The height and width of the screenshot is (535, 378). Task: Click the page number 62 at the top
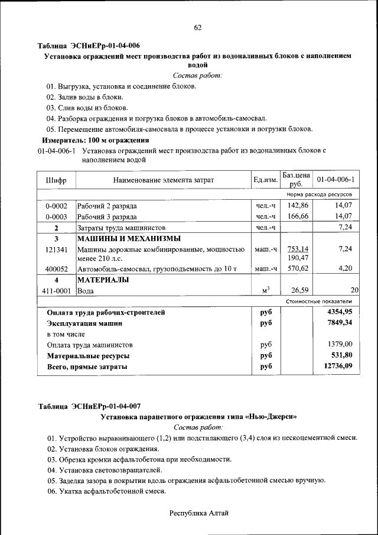tap(198, 28)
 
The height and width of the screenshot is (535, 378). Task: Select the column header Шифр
tap(56, 180)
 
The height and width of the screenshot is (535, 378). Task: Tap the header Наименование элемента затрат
tap(163, 180)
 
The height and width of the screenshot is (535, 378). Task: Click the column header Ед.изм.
tap(265, 180)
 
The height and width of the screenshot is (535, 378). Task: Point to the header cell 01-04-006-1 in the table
tap(335, 180)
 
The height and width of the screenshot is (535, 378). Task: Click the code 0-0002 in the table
tap(56, 206)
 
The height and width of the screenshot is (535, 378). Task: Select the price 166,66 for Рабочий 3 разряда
tap(298, 216)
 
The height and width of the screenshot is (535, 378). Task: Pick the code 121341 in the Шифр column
tap(56, 249)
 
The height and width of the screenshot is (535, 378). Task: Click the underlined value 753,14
tap(298, 249)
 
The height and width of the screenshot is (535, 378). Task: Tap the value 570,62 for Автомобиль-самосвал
tap(298, 269)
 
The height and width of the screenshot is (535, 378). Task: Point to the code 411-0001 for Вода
tap(56, 290)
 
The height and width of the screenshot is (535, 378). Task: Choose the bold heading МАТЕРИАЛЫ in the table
tap(103, 280)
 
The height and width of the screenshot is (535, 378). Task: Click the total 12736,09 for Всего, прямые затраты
tap(338, 367)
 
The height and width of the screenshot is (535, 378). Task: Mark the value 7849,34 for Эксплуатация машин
tap(340, 323)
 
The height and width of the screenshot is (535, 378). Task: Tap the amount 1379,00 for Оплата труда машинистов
tap(340, 344)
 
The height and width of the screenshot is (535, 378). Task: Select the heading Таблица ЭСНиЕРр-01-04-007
tap(89, 406)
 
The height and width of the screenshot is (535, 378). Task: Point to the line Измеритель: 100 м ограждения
tap(94, 140)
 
